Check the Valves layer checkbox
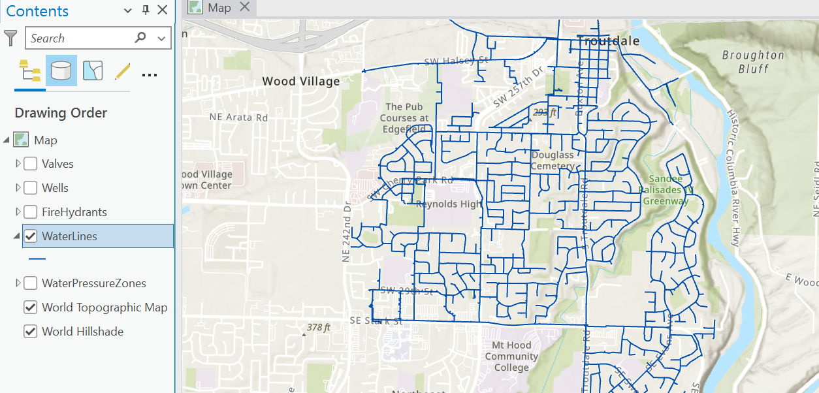(30, 164)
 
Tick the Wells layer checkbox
(30, 188)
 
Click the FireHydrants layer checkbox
(30, 212)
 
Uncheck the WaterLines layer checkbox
(30, 236)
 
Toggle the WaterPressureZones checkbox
(30, 283)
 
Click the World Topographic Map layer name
(104, 307)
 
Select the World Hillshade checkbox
(30, 332)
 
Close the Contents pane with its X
(163, 10)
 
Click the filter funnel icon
(10, 38)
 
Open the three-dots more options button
(150, 74)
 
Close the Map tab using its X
(245, 7)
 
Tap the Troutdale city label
(608, 40)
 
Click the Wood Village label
(300, 82)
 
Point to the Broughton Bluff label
(752, 62)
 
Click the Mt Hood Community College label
(511, 356)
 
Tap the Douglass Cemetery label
(553, 161)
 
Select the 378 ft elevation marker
(318, 327)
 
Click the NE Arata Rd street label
(238, 118)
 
